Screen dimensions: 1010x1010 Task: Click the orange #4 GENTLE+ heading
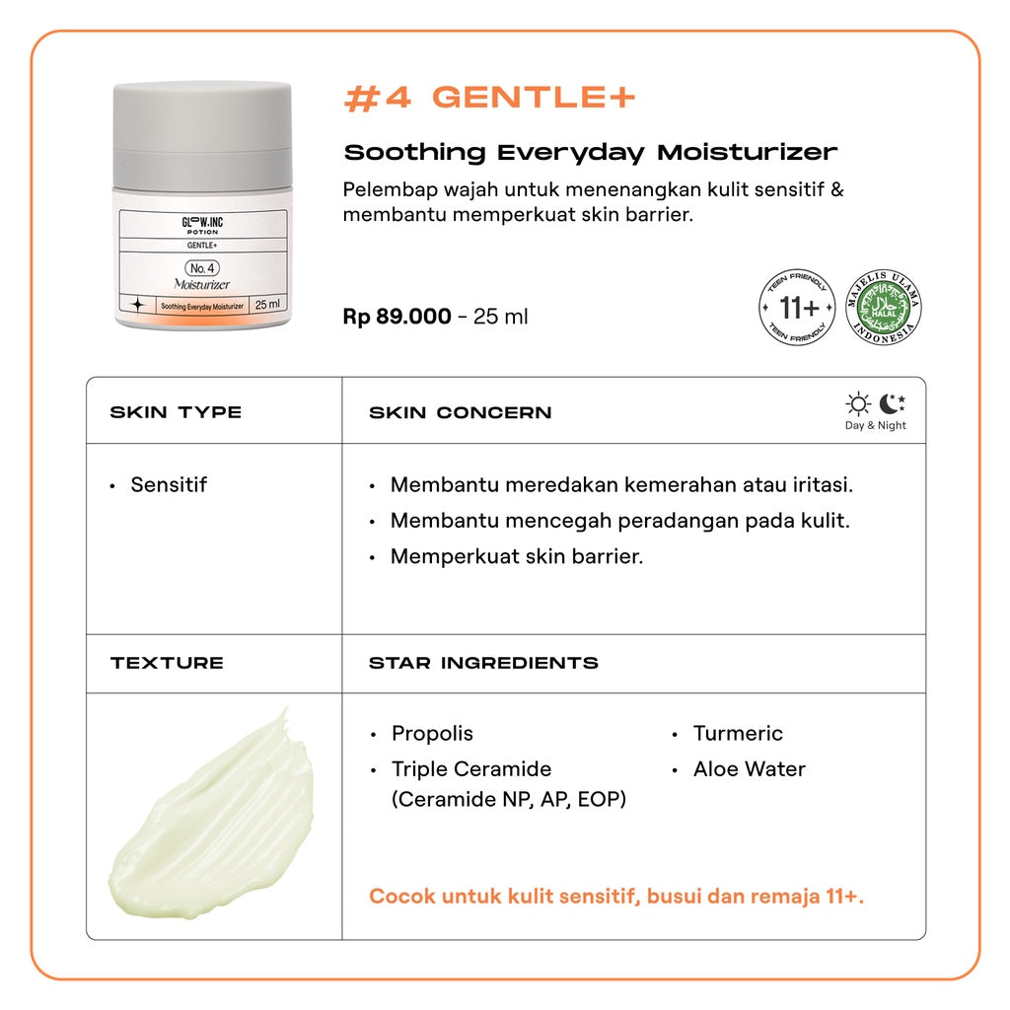point(489,98)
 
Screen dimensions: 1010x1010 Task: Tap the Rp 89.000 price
point(397,317)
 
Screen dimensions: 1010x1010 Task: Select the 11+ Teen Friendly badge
point(797,308)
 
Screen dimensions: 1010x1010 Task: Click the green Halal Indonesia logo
point(883,308)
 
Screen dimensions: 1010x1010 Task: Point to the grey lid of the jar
point(202,135)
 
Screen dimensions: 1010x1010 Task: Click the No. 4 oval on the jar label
point(202,268)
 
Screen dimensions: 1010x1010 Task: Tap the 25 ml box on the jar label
point(267,305)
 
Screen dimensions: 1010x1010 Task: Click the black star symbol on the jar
point(138,305)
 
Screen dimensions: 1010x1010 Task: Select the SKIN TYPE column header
point(176,412)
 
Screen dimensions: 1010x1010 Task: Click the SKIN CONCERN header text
point(460,412)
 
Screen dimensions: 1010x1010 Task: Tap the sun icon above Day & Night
point(858,403)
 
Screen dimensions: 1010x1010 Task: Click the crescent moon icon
point(892,403)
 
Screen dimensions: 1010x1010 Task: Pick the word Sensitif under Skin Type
point(169,484)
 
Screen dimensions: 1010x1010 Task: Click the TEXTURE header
point(167,663)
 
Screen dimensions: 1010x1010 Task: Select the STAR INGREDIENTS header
point(483,663)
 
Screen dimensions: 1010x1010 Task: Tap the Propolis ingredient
point(432,734)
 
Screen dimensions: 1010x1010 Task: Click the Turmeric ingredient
point(738,733)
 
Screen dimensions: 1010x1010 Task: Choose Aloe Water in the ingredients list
point(750,769)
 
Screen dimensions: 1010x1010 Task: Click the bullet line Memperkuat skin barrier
point(517,556)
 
